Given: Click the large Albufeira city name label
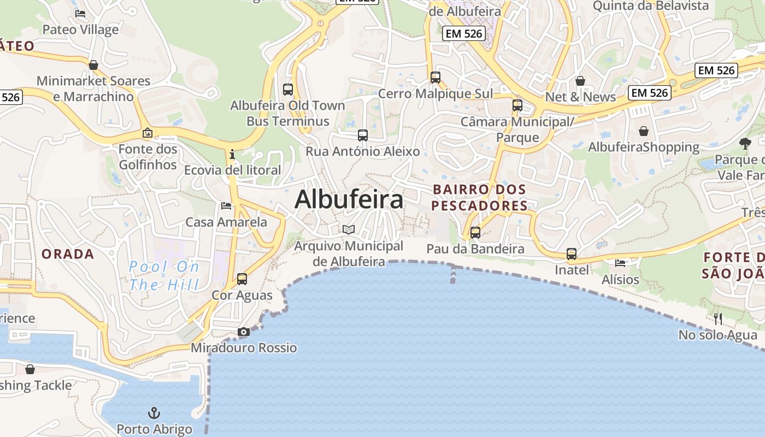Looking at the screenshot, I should click(349, 199).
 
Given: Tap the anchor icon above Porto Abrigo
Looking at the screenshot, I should click(154, 413).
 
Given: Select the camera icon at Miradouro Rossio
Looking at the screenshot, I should click(244, 332).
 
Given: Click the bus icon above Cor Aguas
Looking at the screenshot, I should click(242, 279).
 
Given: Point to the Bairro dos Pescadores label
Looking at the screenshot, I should click(479, 198).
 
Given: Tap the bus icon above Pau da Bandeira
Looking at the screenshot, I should click(475, 233).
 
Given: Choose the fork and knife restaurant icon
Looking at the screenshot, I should click(718, 318).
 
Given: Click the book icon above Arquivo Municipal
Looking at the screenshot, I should click(349, 230).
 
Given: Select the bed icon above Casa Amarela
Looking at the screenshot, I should click(226, 206).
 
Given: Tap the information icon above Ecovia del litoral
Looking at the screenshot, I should click(232, 154).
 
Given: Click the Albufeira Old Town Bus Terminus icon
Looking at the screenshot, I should click(288, 90).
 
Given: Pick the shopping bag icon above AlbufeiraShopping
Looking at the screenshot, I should click(644, 131).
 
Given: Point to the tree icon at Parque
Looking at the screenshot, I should click(745, 144).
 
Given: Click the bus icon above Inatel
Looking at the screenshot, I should click(572, 254).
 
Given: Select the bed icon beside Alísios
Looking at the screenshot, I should click(620, 263).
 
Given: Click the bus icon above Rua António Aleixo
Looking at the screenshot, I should click(363, 135).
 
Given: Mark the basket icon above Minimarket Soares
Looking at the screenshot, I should click(93, 65).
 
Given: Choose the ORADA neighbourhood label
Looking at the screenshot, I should click(68, 254).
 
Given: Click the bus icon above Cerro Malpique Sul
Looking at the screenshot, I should click(436, 78).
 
